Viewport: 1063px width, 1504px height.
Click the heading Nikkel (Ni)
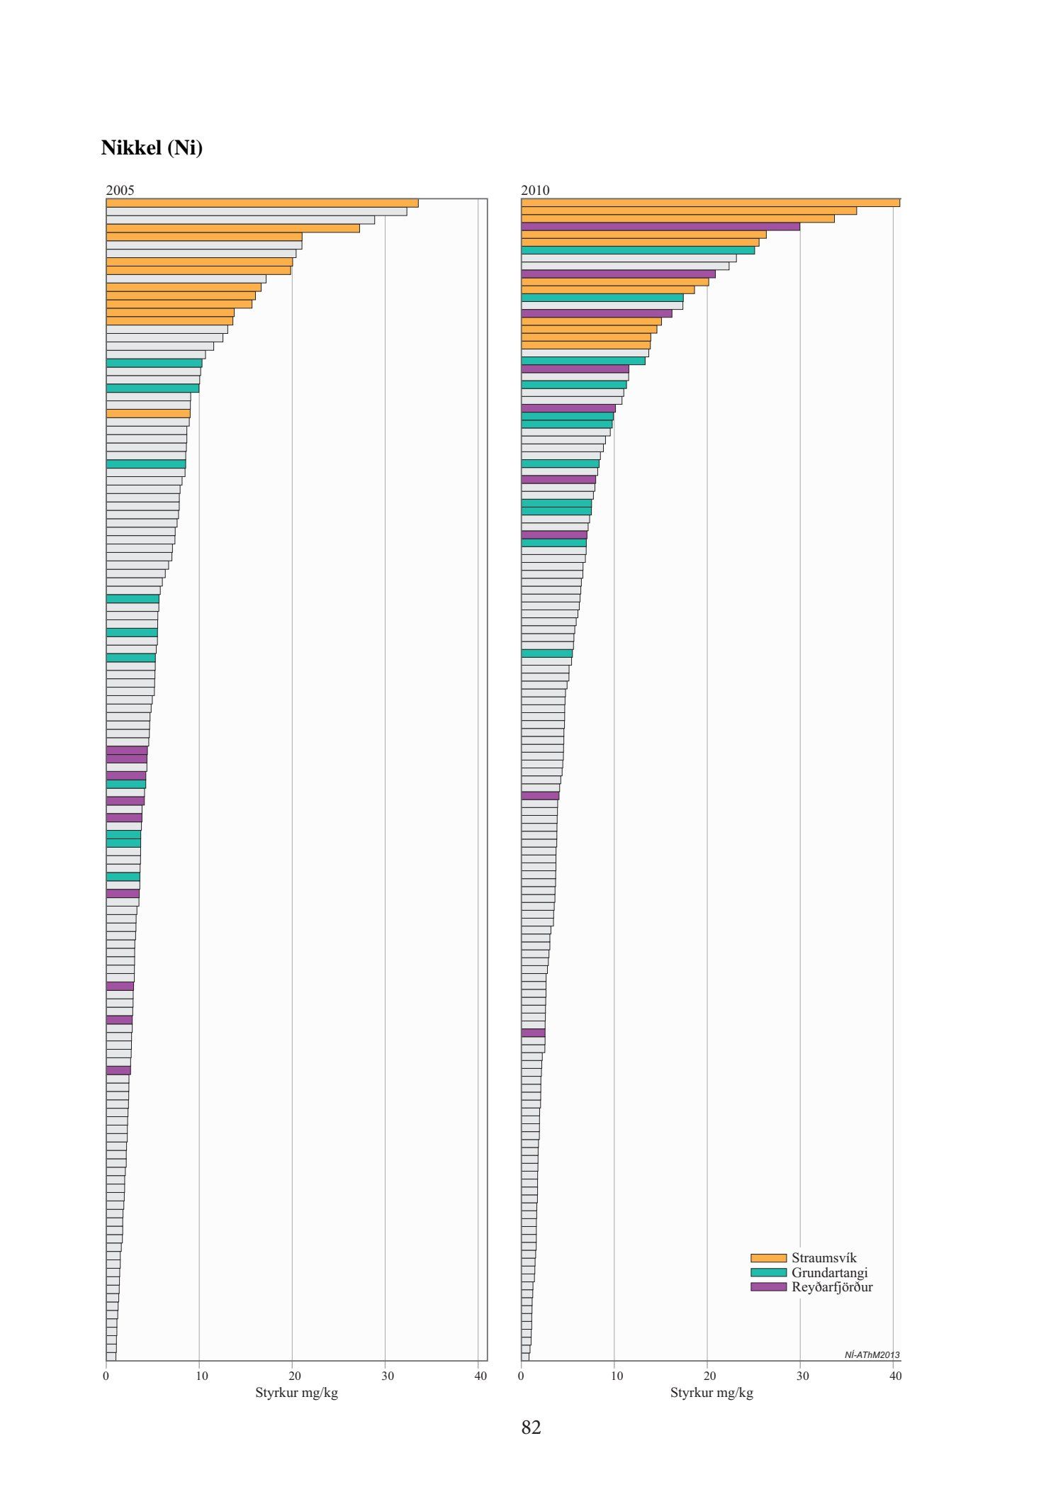tap(152, 148)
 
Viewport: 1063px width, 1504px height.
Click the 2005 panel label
tap(120, 190)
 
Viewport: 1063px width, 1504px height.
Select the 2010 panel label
tap(535, 190)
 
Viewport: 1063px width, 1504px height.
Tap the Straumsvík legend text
tap(823, 1258)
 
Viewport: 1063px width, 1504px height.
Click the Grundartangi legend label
tap(829, 1272)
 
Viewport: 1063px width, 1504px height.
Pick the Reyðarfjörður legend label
tap(832, 1287)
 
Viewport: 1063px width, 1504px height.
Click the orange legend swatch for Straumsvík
tap(768, 1258)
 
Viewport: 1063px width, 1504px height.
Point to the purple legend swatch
tap(768, 1287)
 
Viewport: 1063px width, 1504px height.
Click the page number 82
tap(531, 1427)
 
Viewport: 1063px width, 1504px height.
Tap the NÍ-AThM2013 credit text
tap(872, 1355)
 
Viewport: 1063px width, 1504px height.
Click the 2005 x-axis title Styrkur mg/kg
tap(296, 1393)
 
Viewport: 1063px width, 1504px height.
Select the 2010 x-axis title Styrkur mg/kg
tap(712, 1393)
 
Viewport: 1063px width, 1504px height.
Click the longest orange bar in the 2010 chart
tap(710, 203)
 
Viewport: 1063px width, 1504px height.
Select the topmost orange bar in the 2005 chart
tap(262, 203)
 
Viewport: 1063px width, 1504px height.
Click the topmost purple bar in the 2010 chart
tap(660, 227)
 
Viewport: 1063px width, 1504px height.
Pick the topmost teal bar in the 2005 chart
tap(154, 363)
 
